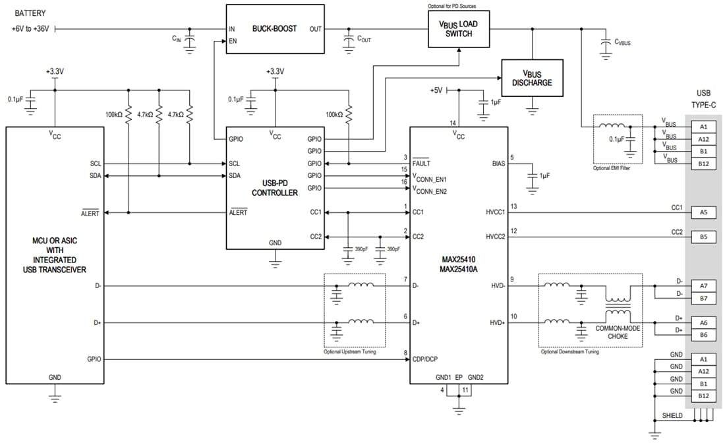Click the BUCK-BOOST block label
[275, 29]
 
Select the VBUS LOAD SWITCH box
[459, 29]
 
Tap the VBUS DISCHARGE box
[532, 78]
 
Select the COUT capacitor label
[364, 40]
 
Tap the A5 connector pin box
[703, 212]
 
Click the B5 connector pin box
[703, 237]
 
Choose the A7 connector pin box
[703, 285]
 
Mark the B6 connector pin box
[703, 336]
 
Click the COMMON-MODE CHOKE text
[618, 332]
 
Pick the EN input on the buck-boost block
[233, 42]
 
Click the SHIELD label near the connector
[672, 417]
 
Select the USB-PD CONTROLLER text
[275, 188]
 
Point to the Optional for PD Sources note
[451, 6]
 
